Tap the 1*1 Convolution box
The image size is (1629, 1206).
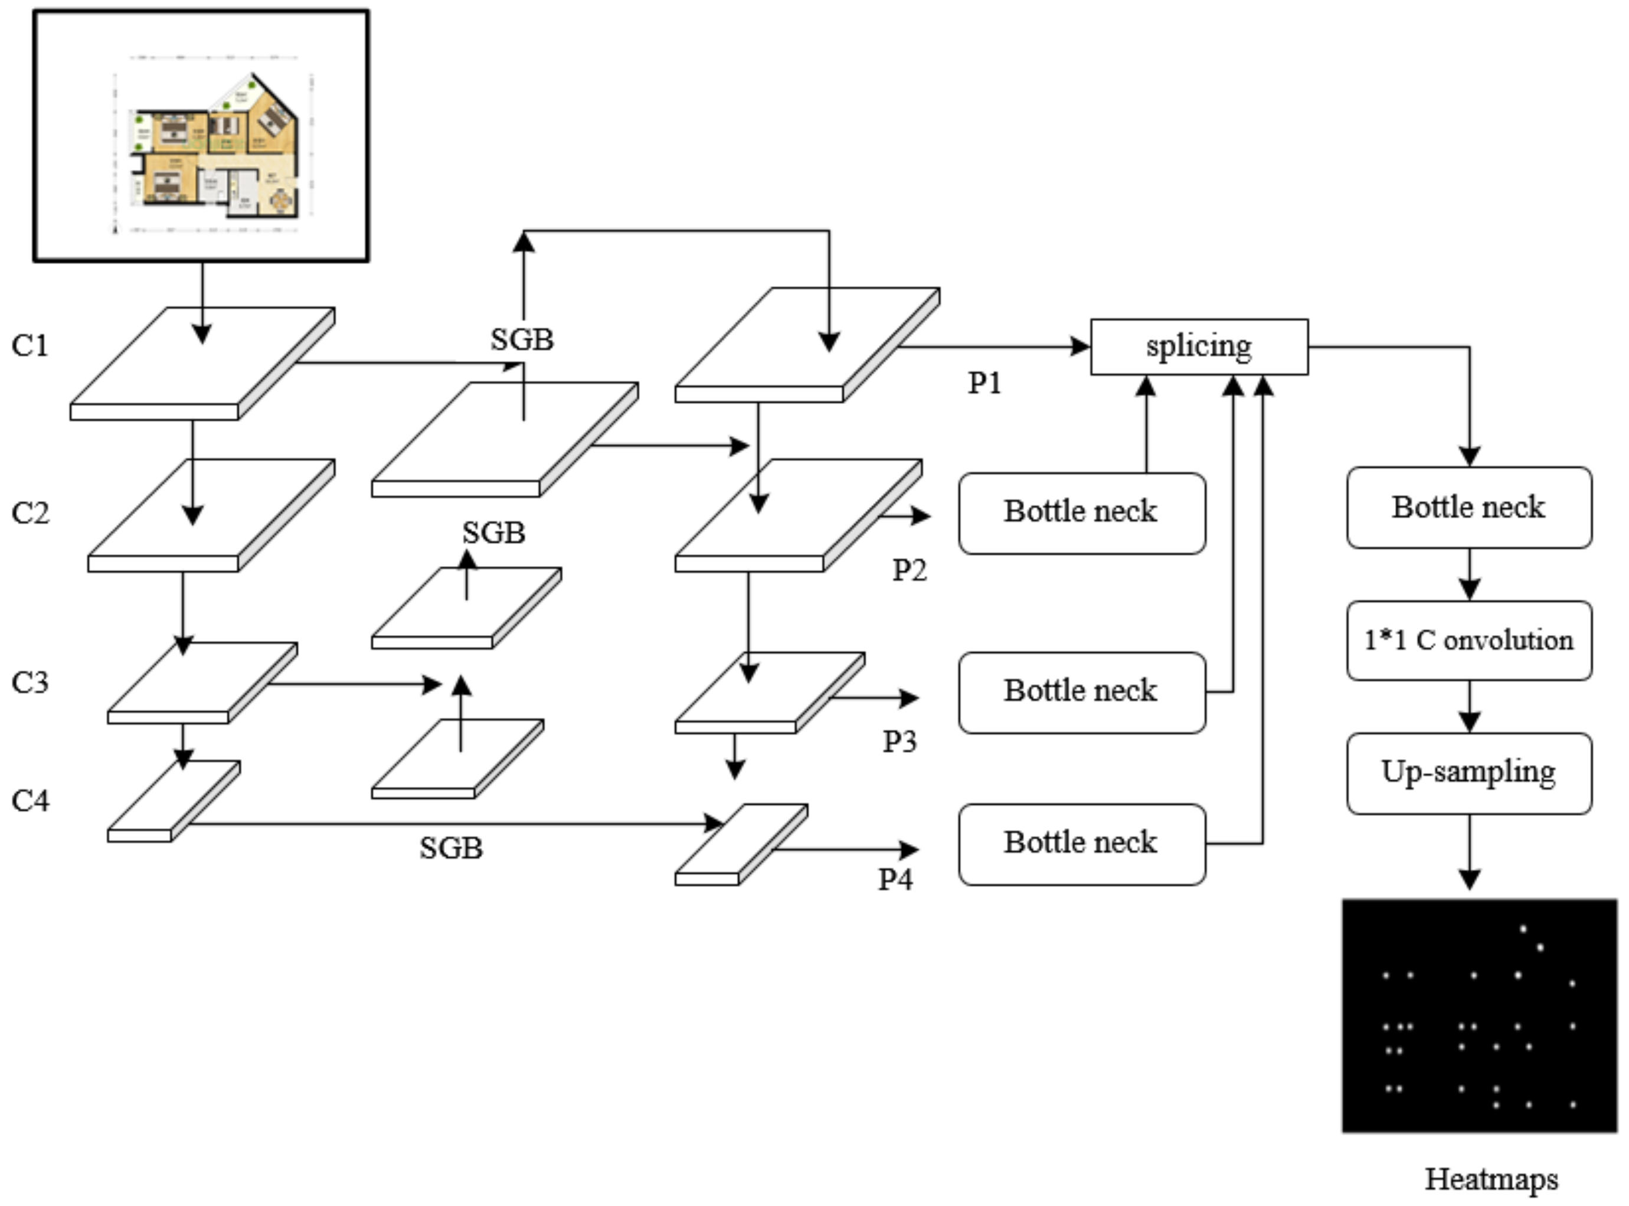1468,640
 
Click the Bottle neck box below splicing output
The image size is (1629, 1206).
1468,507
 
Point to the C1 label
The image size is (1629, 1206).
30,345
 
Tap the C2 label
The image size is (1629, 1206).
30,513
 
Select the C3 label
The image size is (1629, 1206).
30,682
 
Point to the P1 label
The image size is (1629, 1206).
984,383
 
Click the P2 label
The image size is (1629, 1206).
910,570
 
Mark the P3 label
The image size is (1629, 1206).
899,741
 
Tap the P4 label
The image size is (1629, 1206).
895,880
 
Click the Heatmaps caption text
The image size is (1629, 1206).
1491,1179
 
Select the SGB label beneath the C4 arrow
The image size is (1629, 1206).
451,848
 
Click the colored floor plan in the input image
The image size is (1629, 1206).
215,150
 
